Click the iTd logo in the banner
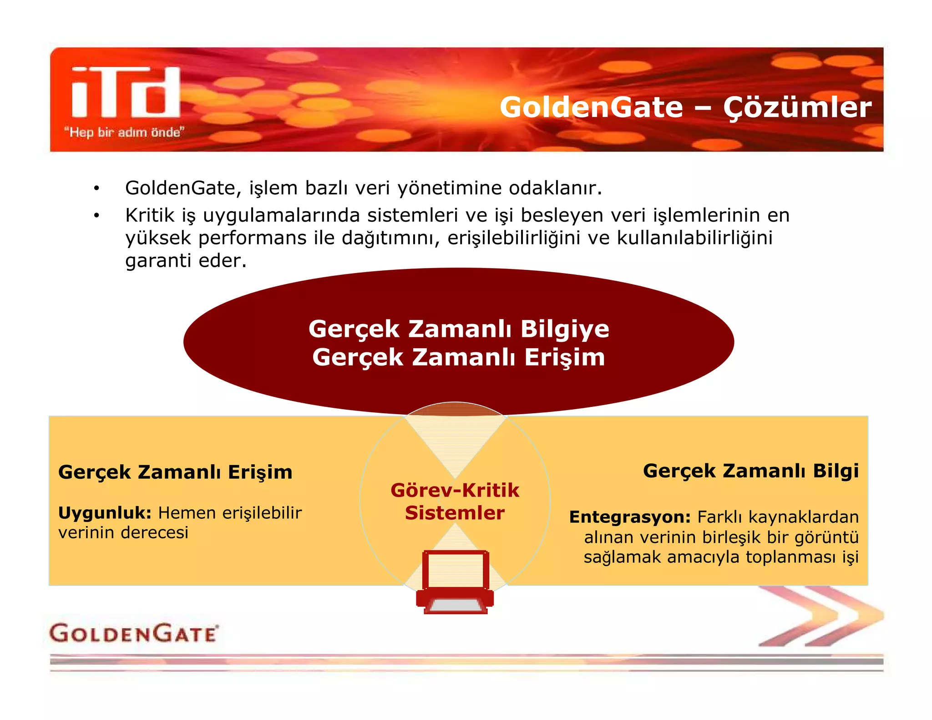click(126, 92)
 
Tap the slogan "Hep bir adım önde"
click(124, 132)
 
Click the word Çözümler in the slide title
click(797, 108)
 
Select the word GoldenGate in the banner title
click(591, 107)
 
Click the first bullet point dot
click(96, 188)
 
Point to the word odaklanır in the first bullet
click(555, 188)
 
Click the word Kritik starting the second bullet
click(150, 215)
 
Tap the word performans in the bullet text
click(252, 238)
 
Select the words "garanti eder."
click(186, 261)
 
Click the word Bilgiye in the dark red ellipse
click(564, 330)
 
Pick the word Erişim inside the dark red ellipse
click(564, 357)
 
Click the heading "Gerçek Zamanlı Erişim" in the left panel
click(175, 472)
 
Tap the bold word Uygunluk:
click(105, 513)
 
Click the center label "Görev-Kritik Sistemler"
click(455, 502)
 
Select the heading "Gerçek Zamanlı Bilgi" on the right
click(750, 471)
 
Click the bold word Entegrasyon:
click(630, 517)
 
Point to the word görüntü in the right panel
click(826, 537)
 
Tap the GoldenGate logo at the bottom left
click(134, 633)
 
